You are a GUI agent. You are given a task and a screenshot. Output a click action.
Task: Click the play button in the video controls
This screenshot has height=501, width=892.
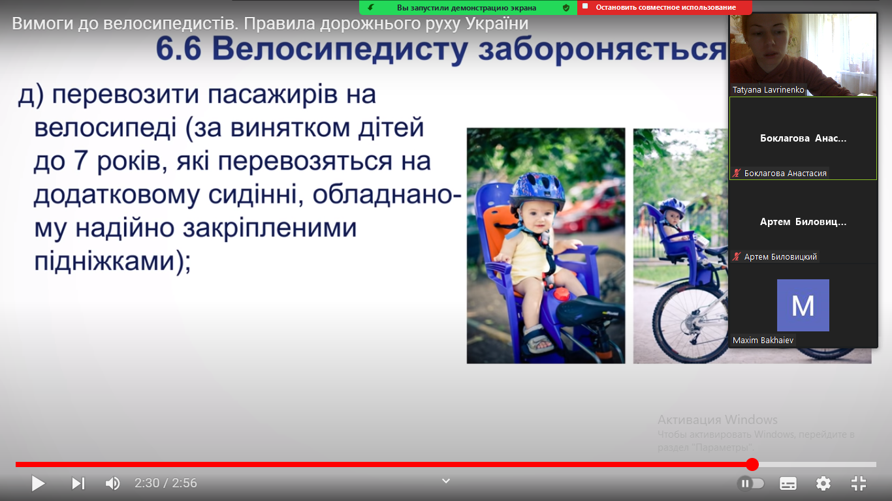click(x=39, y=483)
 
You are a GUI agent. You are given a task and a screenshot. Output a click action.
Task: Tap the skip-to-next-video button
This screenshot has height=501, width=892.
click(x=78, y=483)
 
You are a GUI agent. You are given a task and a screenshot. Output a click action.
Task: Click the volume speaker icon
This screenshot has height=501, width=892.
click(x=113, y=483)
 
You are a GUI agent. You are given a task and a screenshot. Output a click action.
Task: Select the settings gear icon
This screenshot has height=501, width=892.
click(x=823, y=483)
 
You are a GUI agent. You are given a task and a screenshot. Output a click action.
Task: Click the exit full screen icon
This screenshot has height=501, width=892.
click(x=859, y=483)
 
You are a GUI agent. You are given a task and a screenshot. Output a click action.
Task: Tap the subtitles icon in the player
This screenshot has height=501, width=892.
click(x=788, y=483)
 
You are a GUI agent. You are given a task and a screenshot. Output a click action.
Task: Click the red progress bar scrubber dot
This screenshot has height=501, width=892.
click(x=752, y=464)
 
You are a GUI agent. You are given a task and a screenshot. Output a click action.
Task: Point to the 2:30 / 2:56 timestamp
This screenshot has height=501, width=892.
click(x=166, y=483)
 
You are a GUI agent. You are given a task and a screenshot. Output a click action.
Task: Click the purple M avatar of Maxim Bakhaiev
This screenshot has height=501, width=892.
click(x=803, y=305)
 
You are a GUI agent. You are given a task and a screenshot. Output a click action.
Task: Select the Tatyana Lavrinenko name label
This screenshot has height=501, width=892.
click(x=768, y=90)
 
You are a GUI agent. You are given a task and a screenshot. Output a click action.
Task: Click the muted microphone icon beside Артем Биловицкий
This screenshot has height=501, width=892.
click(x=737, y=256)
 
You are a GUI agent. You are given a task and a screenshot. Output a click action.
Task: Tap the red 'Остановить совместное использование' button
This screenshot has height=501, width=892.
click(x=665, y=8)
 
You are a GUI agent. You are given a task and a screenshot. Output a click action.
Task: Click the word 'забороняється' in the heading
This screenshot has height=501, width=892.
click(x=603, y=49)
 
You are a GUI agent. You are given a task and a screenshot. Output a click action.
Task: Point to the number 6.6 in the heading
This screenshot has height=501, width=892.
click(x=178, y=49)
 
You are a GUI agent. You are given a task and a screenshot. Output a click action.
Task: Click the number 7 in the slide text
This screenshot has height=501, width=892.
click(x=81, y=160)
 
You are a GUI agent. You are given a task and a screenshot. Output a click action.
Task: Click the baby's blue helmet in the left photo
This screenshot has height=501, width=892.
click(x=537, y=191)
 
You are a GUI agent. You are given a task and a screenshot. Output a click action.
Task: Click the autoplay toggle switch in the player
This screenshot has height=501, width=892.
click(x=751, y=483)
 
